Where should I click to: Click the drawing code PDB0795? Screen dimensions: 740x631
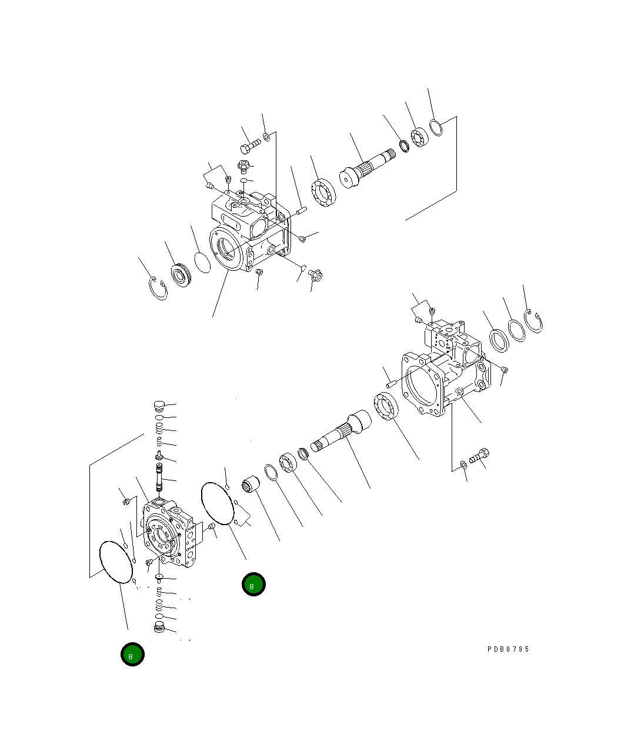point(508,649)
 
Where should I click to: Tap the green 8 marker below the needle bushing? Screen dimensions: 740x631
point(253,585)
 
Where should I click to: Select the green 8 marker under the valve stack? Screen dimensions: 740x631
point(132,654)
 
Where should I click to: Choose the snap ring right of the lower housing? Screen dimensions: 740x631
point(536,323)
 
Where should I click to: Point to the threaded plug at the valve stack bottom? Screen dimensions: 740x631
point(157,628)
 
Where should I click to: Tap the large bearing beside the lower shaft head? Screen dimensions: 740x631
point(386,408)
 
